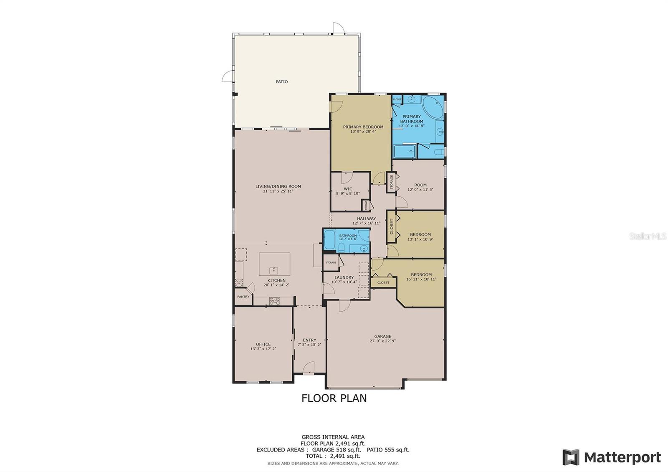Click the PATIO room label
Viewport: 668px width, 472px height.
point(281,82)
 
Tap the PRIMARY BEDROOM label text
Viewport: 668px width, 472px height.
point(363,127)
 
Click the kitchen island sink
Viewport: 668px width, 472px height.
point(274,269)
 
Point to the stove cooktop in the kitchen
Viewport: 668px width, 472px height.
point(275,300)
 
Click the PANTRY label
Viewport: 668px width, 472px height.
point(243,297)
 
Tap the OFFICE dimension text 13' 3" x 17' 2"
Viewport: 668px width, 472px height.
point(263,349)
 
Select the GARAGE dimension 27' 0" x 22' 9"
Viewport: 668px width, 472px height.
point(382,341)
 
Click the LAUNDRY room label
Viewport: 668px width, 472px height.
point(344,277)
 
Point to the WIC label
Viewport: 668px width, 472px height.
point(348,189)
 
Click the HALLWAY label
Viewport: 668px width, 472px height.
point(366,218)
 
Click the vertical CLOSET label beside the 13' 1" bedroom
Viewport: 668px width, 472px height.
point(392,227)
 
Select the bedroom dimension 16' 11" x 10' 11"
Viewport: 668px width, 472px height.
point(421,279)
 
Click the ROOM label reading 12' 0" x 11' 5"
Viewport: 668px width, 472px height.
point(420,185)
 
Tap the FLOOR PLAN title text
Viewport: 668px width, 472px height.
point(334,398)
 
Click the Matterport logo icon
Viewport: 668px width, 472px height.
point(571,457)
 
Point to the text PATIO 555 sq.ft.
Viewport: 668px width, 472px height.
point(388,450)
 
